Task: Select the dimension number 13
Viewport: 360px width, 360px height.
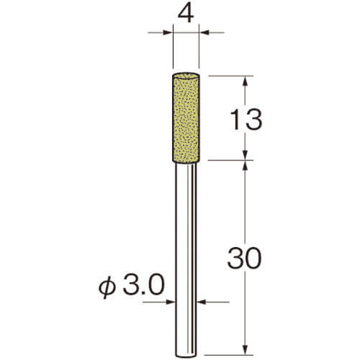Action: tap(246, 120)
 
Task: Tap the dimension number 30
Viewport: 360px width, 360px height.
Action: tap(244, 258)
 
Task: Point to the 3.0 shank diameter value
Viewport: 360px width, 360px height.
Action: tap(143, 285)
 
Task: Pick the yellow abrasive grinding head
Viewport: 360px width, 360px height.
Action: tap(186, 117)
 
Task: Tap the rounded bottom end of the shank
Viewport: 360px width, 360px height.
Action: tap(186, 355)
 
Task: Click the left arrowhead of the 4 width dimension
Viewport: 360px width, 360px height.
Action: tap(168, 32)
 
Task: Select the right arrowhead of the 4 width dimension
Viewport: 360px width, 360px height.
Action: tap(204, 32)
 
